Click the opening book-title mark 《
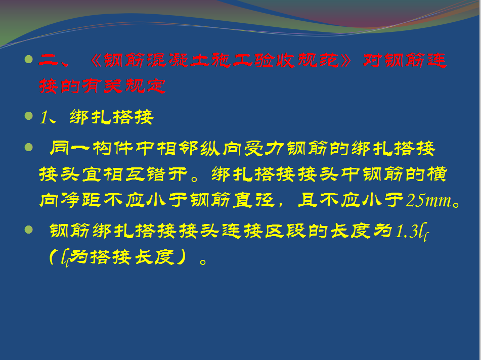(96, 60)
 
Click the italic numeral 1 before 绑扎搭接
(43, 117)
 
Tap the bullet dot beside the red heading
(28, 59)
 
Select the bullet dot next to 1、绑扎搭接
(28, 116)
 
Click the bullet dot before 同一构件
(28, 147)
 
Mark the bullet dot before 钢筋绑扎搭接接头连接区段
(28, 230)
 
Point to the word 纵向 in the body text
(221, 149)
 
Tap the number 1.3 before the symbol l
(407, 232)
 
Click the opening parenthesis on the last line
(53, 257)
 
